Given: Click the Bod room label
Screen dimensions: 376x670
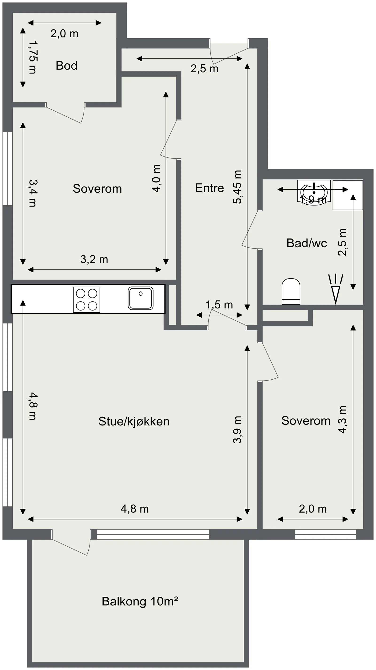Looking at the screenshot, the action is [x=67, y=66].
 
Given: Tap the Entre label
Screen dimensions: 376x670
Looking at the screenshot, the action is [x=209, y=188].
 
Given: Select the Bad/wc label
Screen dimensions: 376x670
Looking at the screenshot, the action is [x=307, y=243].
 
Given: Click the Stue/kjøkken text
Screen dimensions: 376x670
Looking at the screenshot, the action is [x=134, y=421].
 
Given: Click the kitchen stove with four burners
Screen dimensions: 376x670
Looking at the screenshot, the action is [x=87, y=300].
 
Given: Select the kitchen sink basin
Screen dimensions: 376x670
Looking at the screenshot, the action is [x=141, y=298].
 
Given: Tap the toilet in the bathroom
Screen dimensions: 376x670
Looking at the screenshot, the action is [x=291, y=292].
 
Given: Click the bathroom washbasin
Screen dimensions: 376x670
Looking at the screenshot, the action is [x=314, y=192].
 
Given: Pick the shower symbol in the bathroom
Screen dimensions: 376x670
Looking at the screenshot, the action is [x=336, y=289].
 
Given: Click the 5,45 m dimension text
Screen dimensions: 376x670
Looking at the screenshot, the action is [x=237, y=187].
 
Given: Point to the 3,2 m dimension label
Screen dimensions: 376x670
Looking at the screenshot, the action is [x=94, y=259].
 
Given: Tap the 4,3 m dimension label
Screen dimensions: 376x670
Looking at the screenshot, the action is [x=342, y=420].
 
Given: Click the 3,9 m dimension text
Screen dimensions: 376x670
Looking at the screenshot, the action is [x=237, y=429].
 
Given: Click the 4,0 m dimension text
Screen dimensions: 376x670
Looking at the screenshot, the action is [x=157, y=179].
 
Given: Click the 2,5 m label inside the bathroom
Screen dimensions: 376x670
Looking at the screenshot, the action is [x=342, y=242].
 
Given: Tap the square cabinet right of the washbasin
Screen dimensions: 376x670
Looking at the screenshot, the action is [x=348, y=195].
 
